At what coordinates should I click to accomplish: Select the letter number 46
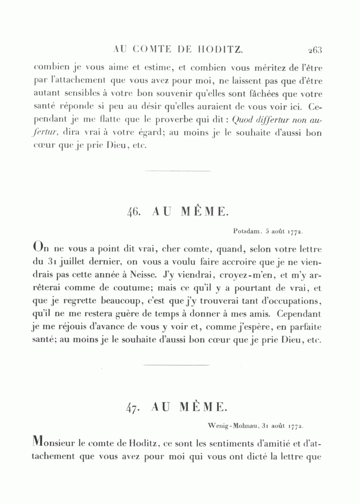133,211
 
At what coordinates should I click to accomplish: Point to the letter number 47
132,407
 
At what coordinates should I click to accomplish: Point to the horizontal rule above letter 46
177,171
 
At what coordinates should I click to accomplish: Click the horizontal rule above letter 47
176,365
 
